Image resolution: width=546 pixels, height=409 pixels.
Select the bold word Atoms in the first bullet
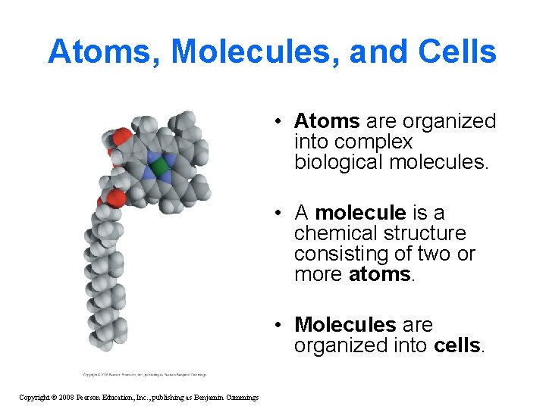(x=327, y=121)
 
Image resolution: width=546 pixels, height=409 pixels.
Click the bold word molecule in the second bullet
(x=360, y=213)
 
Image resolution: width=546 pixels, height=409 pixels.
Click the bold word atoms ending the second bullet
(x=379, y=274)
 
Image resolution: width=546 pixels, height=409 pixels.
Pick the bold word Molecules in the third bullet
(x=345, y=325)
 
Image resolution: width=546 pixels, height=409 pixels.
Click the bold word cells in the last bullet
(x=457, y=345)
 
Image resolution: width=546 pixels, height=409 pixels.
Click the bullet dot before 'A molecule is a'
(x=280, y=214)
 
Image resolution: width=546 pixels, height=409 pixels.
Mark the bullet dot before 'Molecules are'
(x=280, y=326)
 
